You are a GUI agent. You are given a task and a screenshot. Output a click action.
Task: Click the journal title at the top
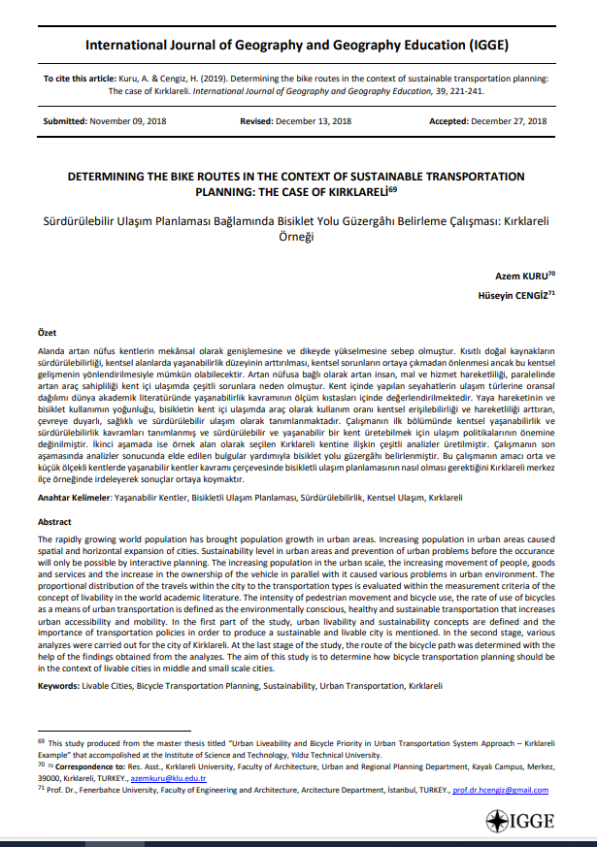[296, 45]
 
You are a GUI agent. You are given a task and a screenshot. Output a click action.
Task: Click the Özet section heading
[48, 332]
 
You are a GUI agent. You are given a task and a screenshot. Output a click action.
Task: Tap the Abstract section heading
[54, 521]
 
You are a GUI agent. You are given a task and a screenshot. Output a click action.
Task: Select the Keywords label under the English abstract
[58, 685]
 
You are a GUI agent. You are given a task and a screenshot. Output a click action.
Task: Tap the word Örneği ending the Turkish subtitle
[298, 236]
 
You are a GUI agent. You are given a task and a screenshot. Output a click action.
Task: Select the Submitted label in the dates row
[64, 121]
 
